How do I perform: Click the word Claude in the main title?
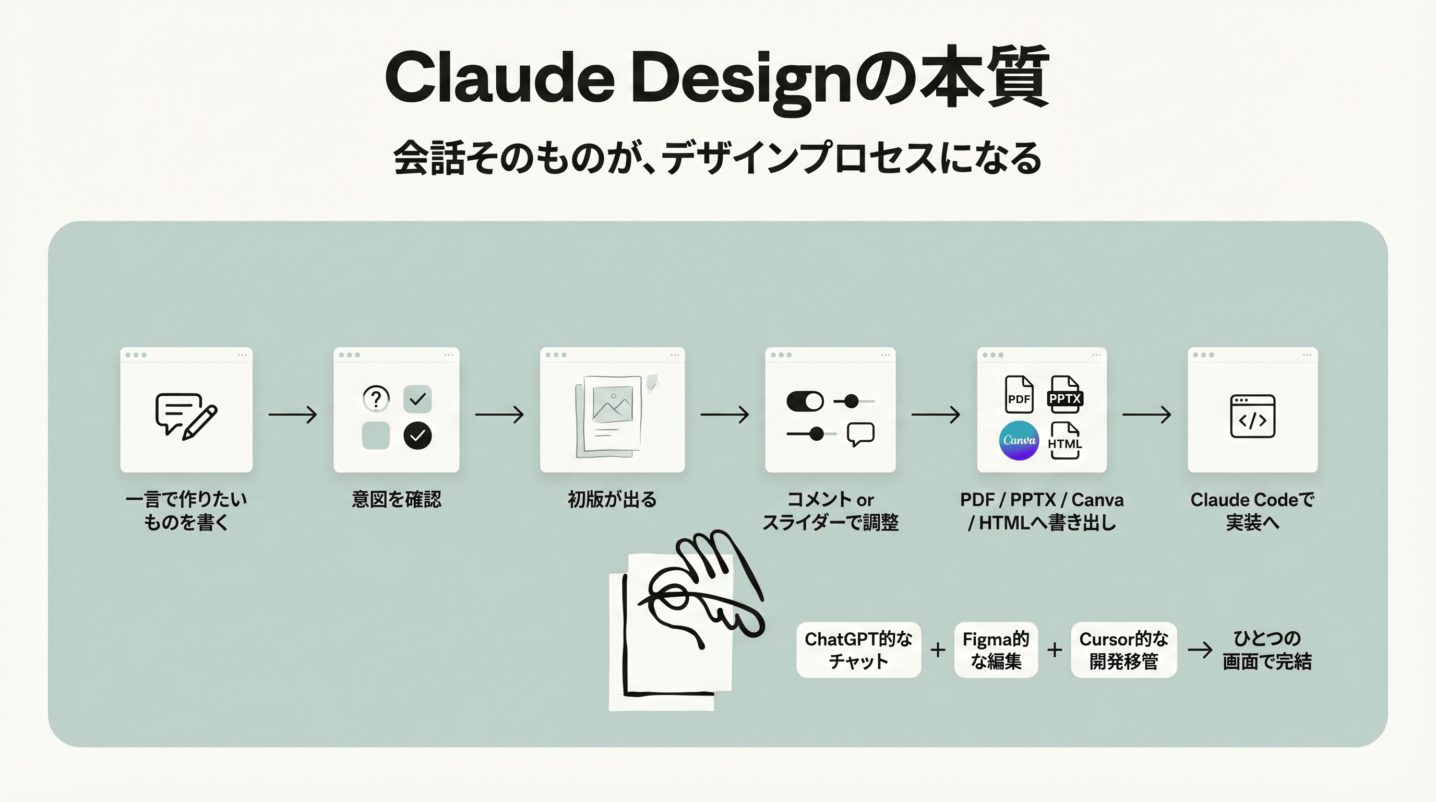click(x=499, y=78)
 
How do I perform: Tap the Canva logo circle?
click(x=1019, y=440)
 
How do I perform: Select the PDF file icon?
click(x=1019, y=394)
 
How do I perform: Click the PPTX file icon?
click(x=1064, y=394)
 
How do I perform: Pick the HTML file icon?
click(x=1064, y=440)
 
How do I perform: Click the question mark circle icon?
click(x=376, y=398)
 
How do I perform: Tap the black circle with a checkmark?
click(x=417, y=435)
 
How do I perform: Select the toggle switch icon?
click(x=805, y=401)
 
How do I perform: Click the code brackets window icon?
click(x=1252, y=416)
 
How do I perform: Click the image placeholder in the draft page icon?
click(x=612, y=403)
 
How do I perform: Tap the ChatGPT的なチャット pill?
click(x=858, y=650)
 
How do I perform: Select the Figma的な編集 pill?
click(x=996, y=650)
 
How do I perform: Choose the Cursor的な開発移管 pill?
click(x=1123, y=650)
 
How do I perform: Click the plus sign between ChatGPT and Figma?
click(x=938, y=650)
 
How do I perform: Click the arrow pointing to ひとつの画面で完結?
click(x=1200, y=650)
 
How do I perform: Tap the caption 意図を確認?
click(x=397, y=499)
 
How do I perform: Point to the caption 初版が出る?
click(x=612, y=499)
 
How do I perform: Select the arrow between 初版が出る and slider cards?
click(x=724, y=415)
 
